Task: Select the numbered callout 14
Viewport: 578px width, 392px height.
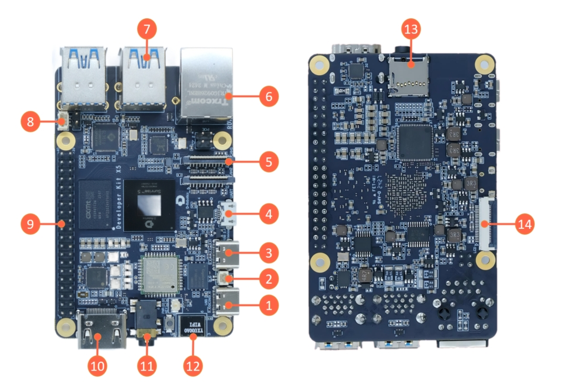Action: [525, 224]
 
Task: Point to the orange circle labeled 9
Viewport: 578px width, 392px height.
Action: [30, 224]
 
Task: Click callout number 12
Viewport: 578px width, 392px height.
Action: [192, 365]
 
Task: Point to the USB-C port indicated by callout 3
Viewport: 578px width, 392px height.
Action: [227, 255]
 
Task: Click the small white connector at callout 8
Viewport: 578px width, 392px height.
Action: [63, 124]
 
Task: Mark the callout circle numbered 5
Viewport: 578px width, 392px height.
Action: [269, 163]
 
